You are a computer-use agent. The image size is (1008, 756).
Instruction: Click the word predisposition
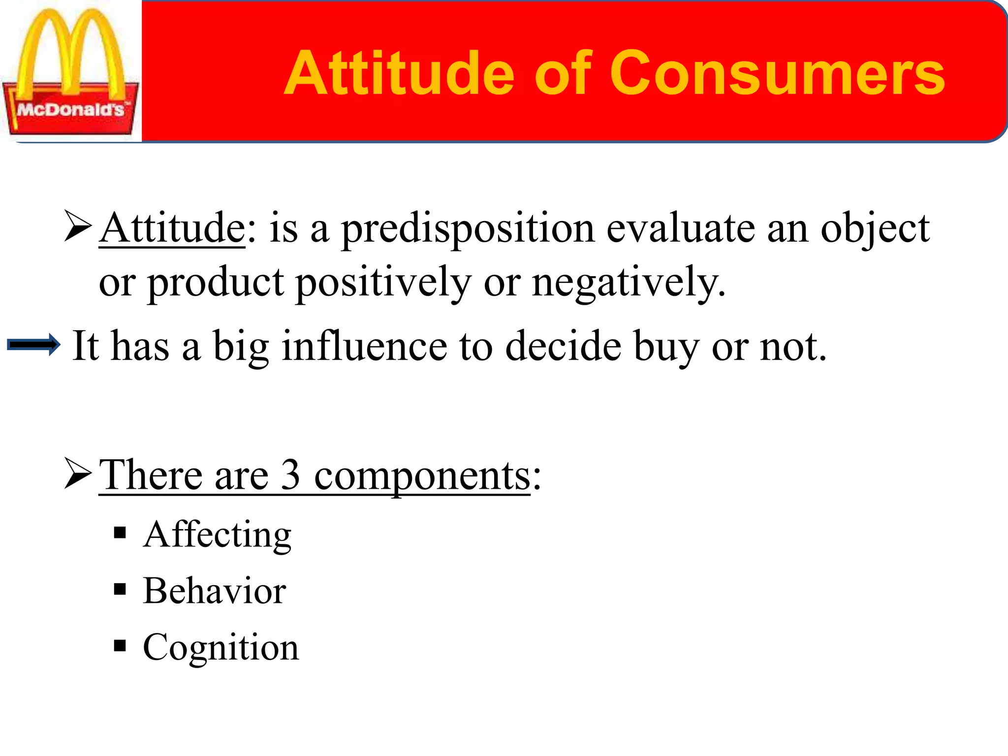click(468, 229)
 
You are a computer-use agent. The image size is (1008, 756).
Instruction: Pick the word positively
click(383, 283)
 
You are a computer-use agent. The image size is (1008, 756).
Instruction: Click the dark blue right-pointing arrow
click(33, 345)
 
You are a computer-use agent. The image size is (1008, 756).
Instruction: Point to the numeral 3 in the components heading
click(290, 474)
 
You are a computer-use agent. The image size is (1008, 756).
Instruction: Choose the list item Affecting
click(217, 535)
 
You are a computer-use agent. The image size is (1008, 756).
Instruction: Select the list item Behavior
click(215, 591)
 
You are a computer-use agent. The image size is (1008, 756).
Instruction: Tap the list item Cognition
click(220, 647)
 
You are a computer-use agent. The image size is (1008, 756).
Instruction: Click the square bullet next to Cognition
click(120, 645)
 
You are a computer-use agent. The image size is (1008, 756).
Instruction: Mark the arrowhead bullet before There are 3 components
click(78, 473)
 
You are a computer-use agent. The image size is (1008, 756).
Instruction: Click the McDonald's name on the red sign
click(70, 109)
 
